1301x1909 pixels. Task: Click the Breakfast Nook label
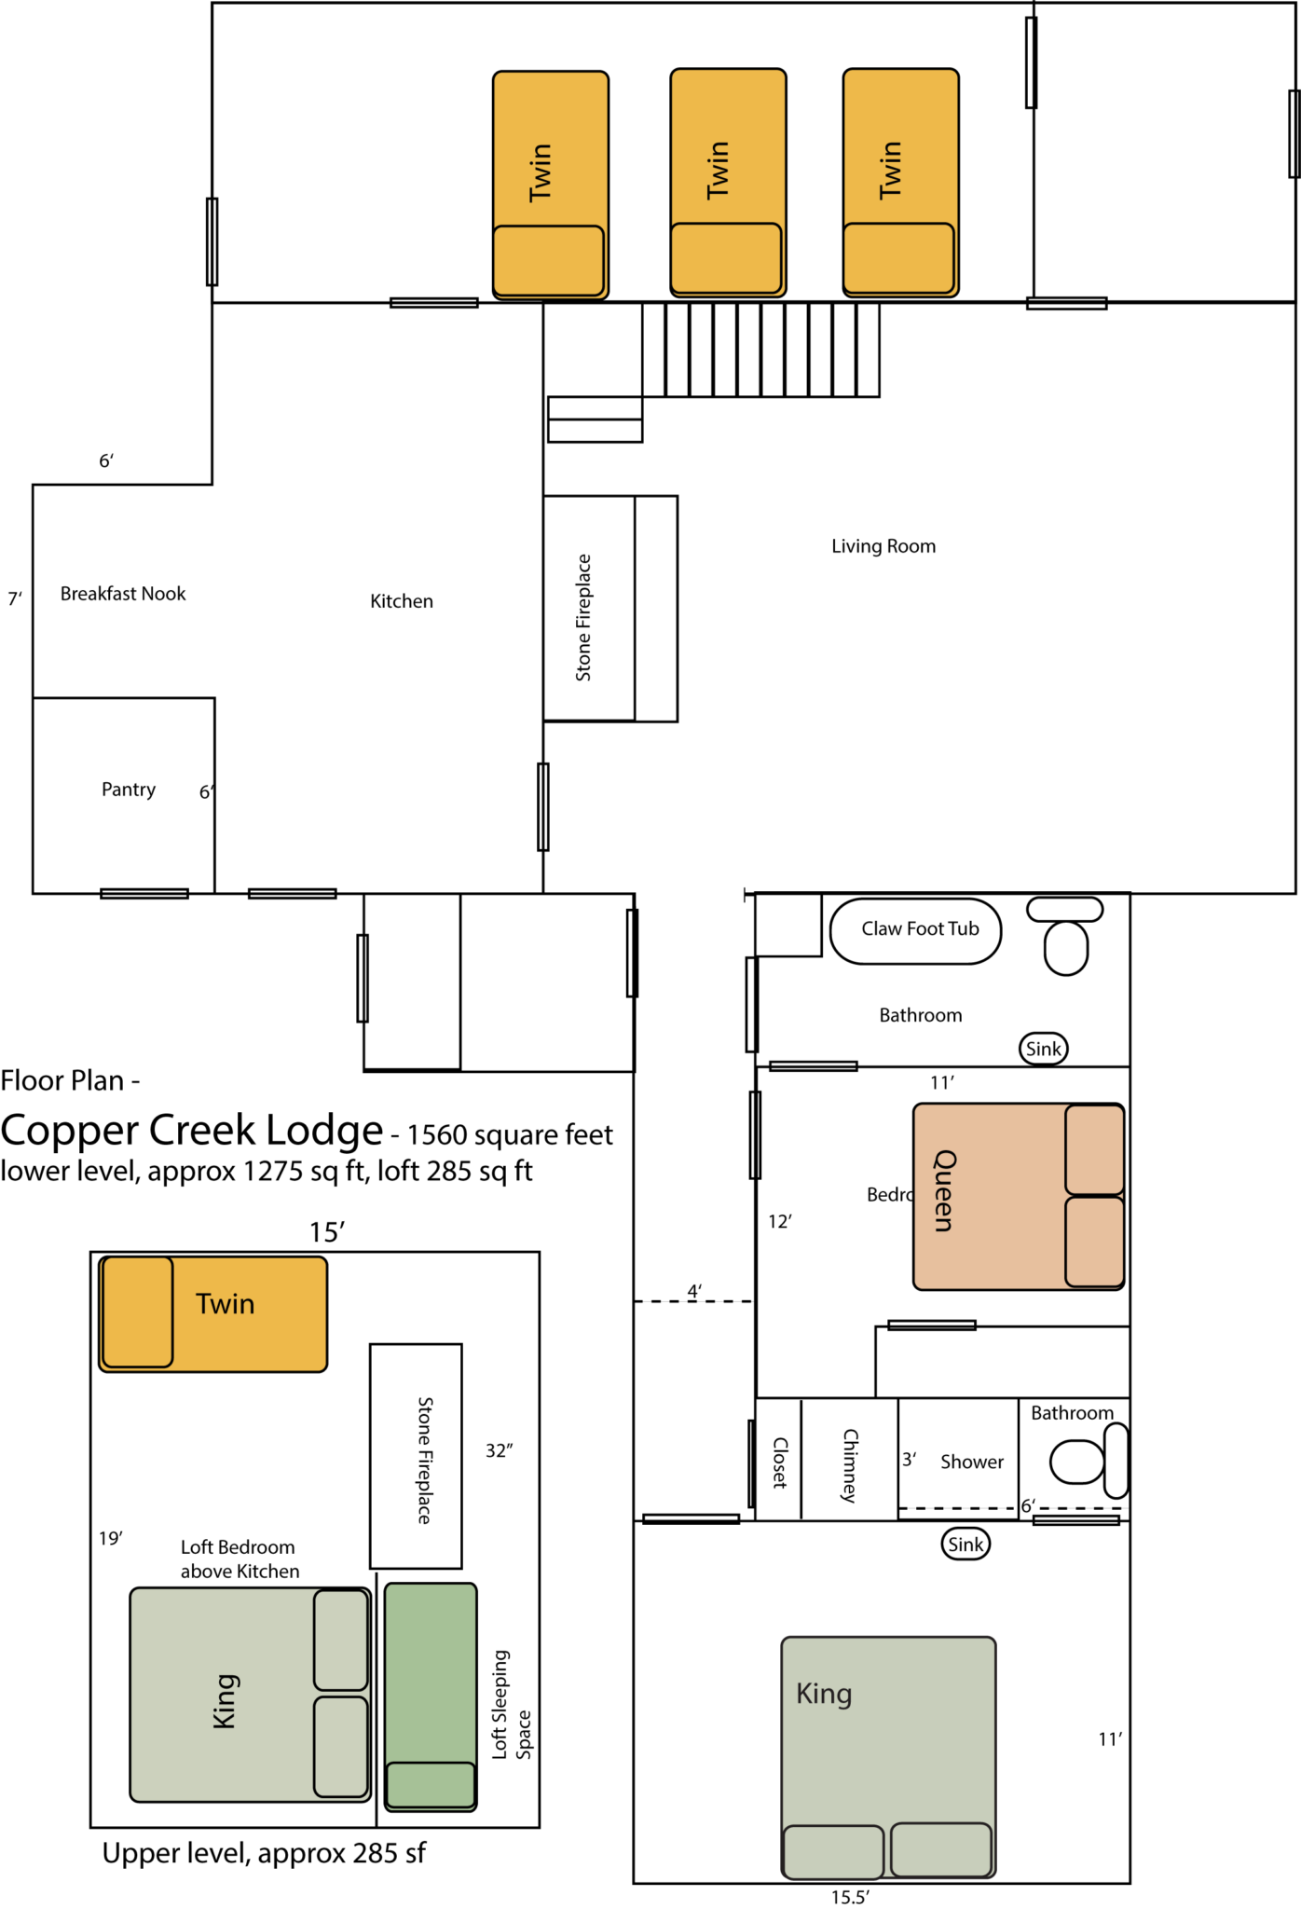point(123,594)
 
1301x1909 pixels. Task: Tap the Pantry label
point(129,790)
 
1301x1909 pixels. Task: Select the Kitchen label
point(402,601)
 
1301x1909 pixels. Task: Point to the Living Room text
point(883,546)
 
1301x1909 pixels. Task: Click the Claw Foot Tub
point(916,930)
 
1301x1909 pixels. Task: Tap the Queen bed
point(1018,1197)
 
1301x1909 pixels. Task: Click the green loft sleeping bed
point(431,1696)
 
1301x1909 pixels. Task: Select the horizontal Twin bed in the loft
point(213,1313)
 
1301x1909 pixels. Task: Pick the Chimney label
point(850,1464)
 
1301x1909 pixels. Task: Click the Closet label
point(780,1463)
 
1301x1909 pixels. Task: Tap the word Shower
point(972,1462)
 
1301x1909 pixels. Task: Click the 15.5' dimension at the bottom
point(850,1897)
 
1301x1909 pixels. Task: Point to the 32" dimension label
point(499,1450)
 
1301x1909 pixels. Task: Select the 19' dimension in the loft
point(111,1538)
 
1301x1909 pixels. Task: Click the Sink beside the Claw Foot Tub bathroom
point(1043,1049)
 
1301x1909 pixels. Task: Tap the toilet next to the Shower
point(1086,1461)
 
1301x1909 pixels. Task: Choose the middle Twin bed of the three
point(728,183)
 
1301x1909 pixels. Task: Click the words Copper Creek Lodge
point(192,1130)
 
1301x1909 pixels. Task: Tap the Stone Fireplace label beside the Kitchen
point(583,617)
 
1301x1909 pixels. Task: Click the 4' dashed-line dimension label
point(694,1291)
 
